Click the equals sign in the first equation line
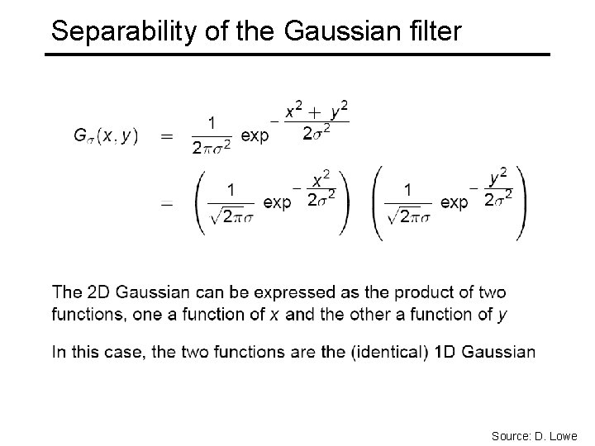pyautogui.click(x=168, y=135)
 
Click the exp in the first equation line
pyautogui.click(x=255, y=136)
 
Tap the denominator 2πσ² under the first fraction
pyautogui.click(x=212, y=148)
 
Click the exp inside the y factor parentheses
pyautogui.click(x=456, y=202)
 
